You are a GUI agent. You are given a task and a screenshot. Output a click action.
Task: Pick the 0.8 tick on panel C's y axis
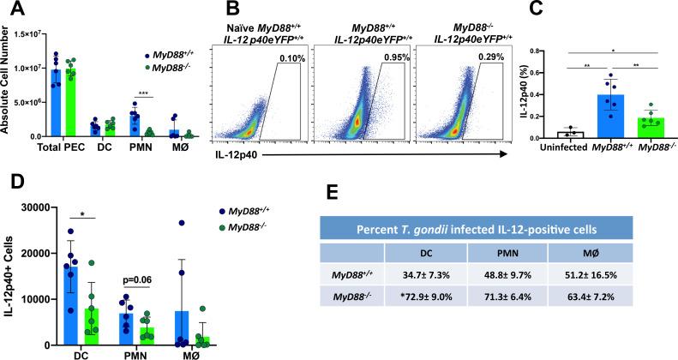[x=514, y=52]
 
